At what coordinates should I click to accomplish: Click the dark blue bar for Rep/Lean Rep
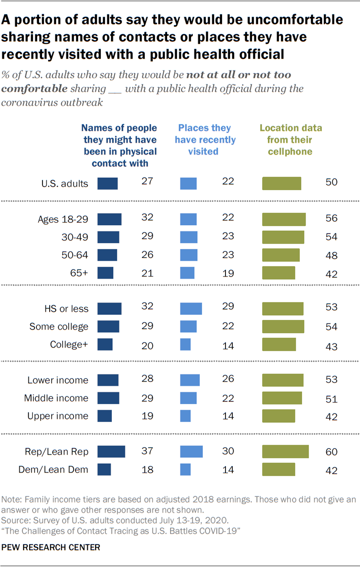coord(111,451)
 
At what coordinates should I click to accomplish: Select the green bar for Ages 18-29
coord(284,219)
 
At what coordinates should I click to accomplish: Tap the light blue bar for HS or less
coord(191,308)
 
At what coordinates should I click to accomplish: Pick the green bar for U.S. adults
coord(282,183)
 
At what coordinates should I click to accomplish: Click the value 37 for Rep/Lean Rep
coord(148,451)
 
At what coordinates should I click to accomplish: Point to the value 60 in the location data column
coord(331,452)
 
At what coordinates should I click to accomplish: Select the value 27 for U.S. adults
coord(148,182)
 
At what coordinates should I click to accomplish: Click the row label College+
coord(69,344)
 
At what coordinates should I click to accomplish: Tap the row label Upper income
coord(58,416)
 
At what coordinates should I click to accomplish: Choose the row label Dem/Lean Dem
coord(53,469)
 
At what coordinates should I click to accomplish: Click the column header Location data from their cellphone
coord(291,140)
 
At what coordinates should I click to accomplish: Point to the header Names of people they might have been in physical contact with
coord(120,146)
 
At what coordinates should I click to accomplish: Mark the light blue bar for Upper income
coord(185,416)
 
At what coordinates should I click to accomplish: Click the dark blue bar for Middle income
coord(108,398)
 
